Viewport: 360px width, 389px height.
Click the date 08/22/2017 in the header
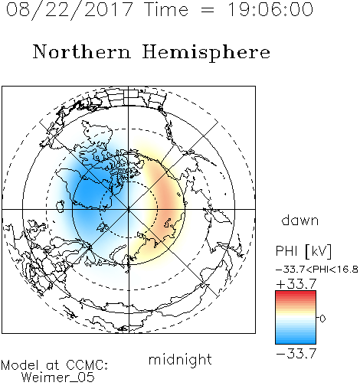[70, 10]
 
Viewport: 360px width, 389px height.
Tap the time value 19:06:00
[270, 9]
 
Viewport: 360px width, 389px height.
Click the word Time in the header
[166, 9]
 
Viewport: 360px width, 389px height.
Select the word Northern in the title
[82, 51]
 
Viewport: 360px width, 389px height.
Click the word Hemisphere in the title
[206, 53]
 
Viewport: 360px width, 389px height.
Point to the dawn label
[300, 221]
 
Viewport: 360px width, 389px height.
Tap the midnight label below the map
[180, 360]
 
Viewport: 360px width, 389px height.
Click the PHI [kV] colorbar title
[303, 251]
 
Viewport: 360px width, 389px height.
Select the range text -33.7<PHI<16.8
[317, 270]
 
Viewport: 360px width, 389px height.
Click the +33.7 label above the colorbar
[296, 284]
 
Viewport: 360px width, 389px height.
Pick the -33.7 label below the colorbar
[296, 353]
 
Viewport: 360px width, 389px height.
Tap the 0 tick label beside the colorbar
[322, 319]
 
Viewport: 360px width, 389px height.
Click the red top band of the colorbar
[296, 293]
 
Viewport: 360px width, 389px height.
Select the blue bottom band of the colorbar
[296, 341]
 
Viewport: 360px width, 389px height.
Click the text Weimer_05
[58, 378]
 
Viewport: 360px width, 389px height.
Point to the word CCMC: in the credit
[87, 365]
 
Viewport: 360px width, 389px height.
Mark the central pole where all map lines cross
[129, 209]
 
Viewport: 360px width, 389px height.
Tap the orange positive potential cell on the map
[167, 201]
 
